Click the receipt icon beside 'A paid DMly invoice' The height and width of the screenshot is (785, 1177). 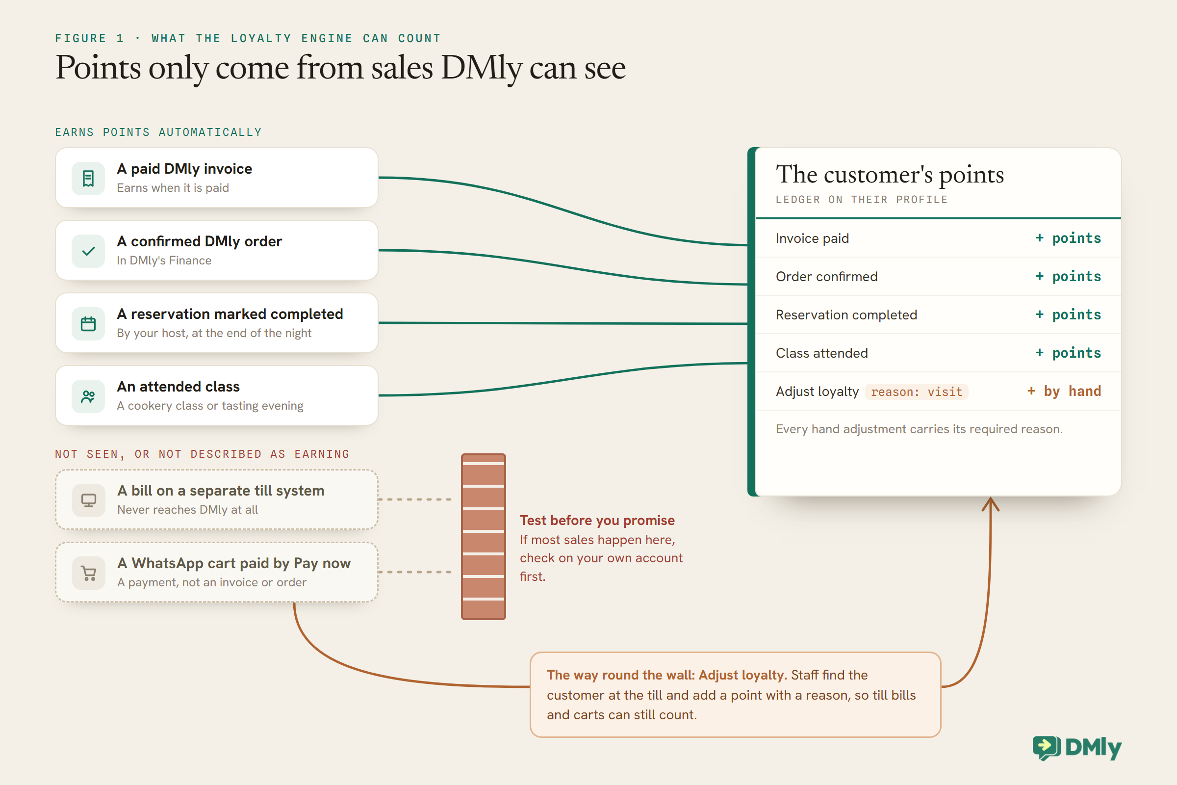click(88, 178)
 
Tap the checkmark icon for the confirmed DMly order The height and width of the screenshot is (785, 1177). click(88, 251)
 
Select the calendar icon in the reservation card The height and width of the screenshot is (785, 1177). click(88, 323)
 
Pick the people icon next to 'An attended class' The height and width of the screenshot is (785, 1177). click(88, 396)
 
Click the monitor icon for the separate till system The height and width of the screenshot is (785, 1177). click(89, 500)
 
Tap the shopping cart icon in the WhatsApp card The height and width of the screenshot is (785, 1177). click(89, 573)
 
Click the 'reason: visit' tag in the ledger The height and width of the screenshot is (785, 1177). click(916, 392)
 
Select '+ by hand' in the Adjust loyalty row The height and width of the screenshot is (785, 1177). click(1063, 391)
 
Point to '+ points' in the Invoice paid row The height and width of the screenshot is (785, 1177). click(1068, 238)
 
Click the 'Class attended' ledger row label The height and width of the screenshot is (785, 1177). click(822, 353)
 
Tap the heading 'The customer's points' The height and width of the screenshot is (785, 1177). click(890, 174)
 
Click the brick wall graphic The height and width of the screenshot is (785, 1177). click(483, 537)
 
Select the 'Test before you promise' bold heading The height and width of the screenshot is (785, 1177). click(597, 520)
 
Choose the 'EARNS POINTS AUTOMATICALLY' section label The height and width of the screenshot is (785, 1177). click(158, 132)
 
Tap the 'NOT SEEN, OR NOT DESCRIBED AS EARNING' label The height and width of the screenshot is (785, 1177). click(202, 454)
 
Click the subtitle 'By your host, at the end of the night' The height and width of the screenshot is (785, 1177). click(214, 333)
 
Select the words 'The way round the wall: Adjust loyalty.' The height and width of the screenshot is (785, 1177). click(666, 675)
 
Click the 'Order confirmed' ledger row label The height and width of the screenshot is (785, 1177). click(827, 276)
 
